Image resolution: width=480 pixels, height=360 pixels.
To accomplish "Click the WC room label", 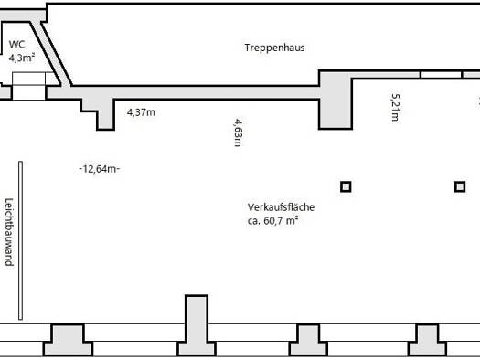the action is (16, 45).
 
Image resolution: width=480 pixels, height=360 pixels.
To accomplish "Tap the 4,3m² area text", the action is (21, 58).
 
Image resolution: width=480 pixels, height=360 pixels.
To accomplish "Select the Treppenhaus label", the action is (274, 48).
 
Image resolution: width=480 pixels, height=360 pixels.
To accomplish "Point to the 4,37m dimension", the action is (141, 112).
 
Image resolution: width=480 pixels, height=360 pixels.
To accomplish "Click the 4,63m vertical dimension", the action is (238, 132).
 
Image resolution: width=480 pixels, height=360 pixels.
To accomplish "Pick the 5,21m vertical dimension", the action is (396, 107).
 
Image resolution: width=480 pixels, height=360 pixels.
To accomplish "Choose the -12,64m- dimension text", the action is (100, 169).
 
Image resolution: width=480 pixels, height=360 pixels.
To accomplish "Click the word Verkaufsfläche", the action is (281, 207).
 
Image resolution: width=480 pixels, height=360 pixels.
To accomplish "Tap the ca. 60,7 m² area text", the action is (272, 220).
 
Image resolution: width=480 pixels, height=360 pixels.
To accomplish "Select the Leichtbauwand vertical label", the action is (9, 232).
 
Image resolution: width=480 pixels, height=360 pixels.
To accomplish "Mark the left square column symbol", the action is (346, 186).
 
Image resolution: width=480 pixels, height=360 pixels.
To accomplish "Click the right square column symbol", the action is (460, 186).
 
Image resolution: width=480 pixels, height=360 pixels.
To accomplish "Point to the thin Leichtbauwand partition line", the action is (20, 240).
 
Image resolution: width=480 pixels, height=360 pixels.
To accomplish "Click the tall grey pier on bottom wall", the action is (197, 325).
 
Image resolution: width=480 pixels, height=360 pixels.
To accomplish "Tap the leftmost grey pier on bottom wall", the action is (68, 340).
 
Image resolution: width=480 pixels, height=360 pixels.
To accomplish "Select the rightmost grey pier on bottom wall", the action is (427, 340).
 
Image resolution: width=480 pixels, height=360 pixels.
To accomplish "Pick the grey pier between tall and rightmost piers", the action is (309, 340).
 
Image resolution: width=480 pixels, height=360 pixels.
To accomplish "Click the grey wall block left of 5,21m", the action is (336, 101).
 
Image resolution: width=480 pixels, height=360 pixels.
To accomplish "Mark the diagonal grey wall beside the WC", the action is (51, 55).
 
